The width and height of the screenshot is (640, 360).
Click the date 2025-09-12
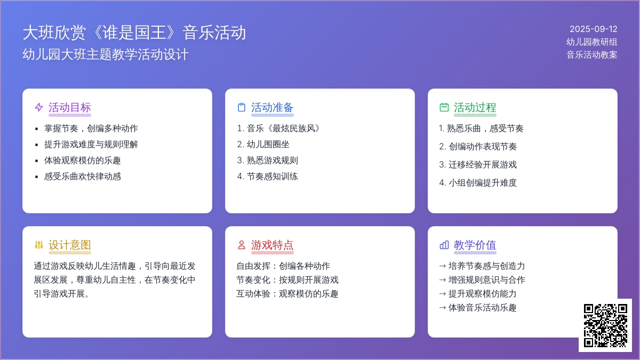click(x=593, y=29)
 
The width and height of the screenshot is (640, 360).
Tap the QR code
click(x=605, y=325)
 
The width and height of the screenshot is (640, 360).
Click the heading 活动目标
click(x=70, y=107)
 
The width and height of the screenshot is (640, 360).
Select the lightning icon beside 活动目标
click(x=39, y=107)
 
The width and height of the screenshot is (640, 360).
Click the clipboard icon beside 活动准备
click(x=242, y=107)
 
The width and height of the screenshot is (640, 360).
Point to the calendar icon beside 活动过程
click(x=444, y=107)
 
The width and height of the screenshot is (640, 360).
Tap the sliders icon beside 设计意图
click(x=39, y=245)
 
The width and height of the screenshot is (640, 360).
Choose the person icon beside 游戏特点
click(x=242, y=245)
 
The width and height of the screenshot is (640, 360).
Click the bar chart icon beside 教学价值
click(x=444, y=245)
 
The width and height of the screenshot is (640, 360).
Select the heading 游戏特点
click(x=273, y=245)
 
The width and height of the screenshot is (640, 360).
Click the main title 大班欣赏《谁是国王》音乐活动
click(x=134, y=33)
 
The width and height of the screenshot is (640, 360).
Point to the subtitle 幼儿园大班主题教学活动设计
click(x=106, y=54)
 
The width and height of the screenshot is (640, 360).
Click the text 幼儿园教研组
click(x=591, y=42)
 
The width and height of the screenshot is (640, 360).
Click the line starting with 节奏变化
click(x=287, y=279)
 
